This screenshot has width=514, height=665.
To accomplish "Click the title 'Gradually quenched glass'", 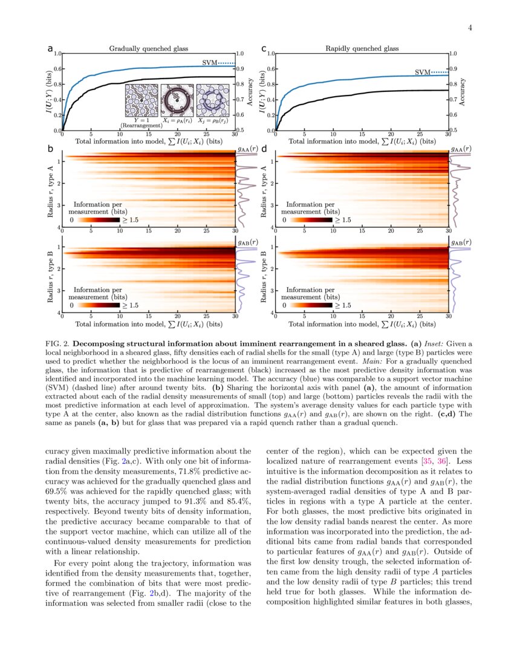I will (148, 48).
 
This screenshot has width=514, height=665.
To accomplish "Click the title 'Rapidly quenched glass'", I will (362, 48).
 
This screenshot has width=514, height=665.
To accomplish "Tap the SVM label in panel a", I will (209, 63).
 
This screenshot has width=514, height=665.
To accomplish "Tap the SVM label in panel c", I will (422, 73).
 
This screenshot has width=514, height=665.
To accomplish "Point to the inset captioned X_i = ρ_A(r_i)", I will (177, 100).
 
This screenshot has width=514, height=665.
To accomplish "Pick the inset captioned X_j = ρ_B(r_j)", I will (212, 100).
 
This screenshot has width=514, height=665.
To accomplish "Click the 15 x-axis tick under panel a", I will (148, 134).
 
